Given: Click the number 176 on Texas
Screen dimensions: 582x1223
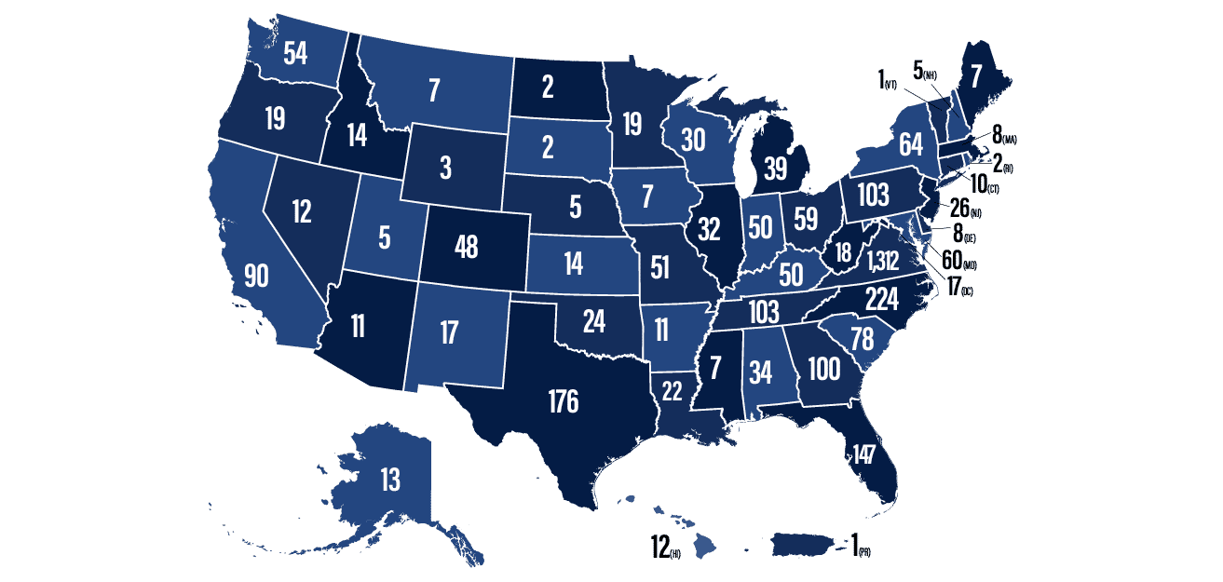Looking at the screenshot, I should pyautogui.click(x=563, y=402).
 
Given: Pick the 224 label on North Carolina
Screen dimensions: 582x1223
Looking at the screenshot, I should pyautogui.click(x=881, y=299).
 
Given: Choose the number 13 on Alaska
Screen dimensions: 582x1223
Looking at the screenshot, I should pyautogui.click(x=389, y=480).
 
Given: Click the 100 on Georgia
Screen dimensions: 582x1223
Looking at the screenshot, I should pyautogui.click(x=823, y=367).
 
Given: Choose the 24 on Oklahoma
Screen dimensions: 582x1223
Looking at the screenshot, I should pyautogui.click(x=593, y=322).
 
